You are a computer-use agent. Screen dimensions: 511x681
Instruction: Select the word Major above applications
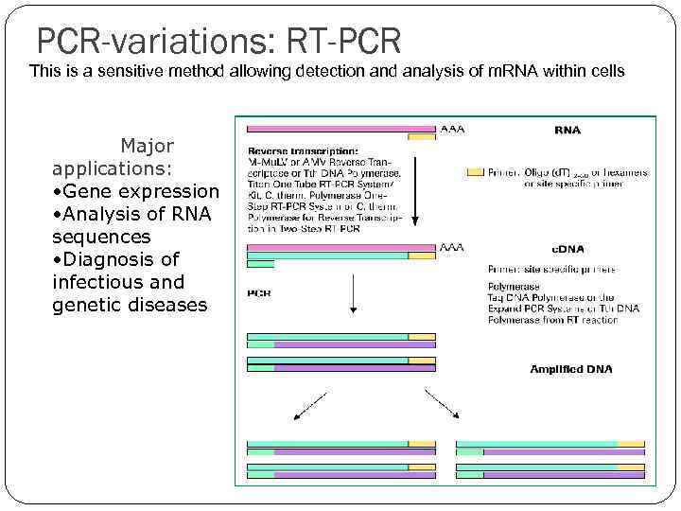[147, 146]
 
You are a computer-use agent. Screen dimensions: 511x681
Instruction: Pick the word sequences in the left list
[101, 237]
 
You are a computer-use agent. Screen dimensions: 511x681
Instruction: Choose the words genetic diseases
[130, 305]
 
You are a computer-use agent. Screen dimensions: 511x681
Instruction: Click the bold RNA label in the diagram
[567, 132]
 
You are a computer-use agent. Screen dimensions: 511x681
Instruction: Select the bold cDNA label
[568, 249]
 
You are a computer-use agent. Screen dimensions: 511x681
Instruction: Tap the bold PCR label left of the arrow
[259, 293]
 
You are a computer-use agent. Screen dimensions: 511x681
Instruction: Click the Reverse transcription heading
[303, 150]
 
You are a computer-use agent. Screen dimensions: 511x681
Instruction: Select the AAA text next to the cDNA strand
[452, 248]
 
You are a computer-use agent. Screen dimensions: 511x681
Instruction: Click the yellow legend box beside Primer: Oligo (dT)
[475, 172]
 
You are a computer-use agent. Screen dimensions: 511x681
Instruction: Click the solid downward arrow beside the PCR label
[352, 294]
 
